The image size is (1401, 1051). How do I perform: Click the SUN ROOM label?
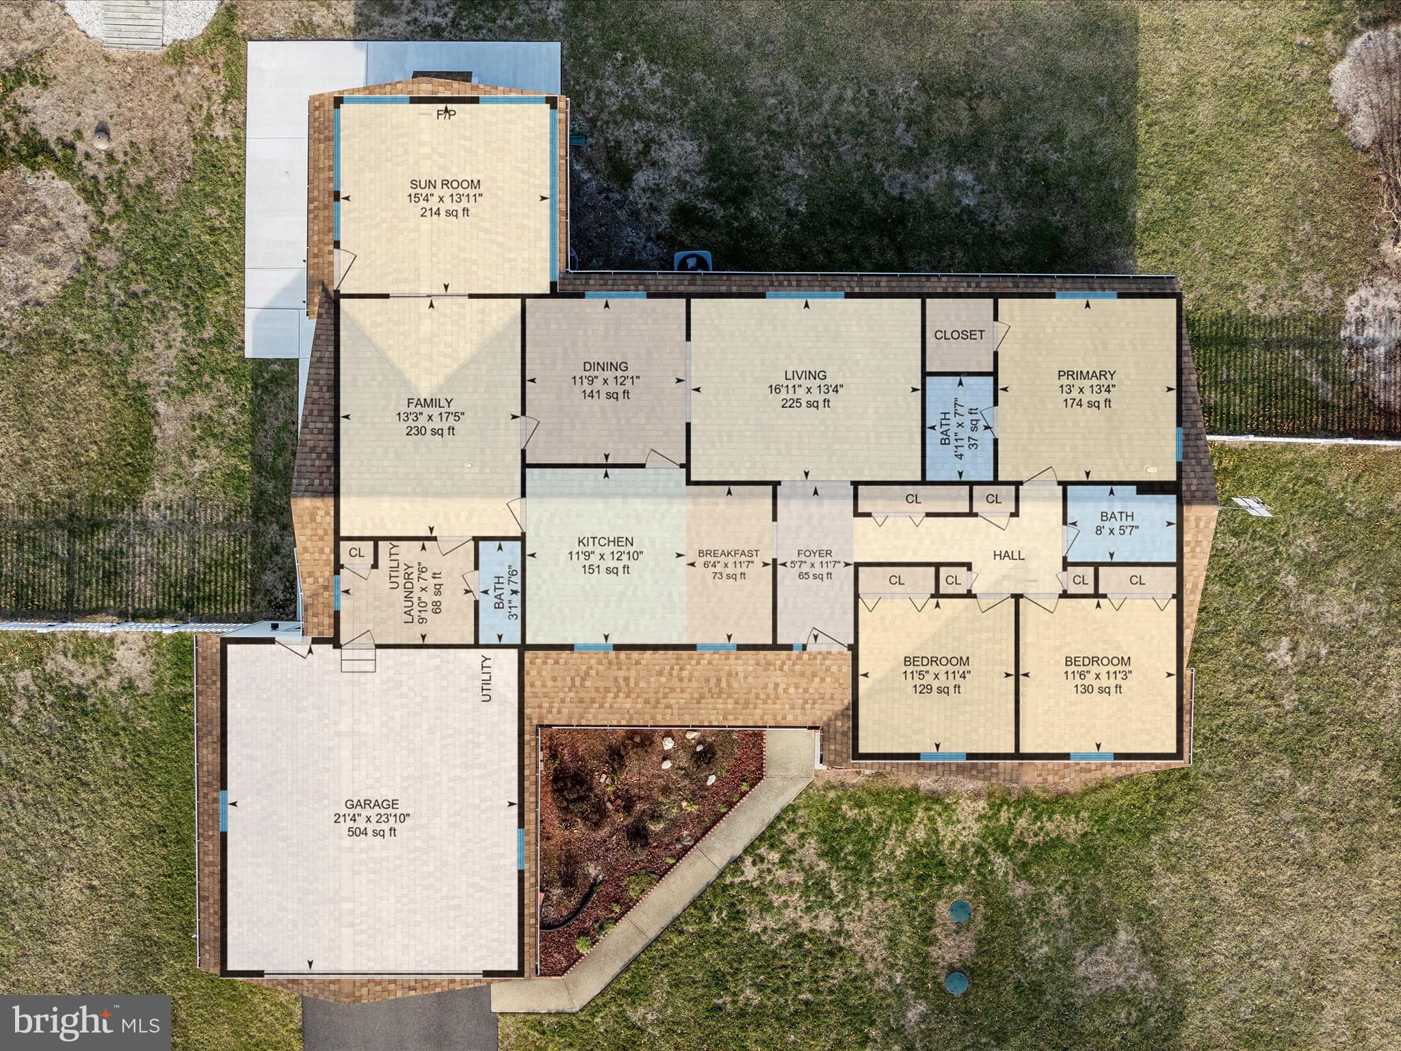[445, 184]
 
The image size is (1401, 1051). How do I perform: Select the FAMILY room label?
[430, 404]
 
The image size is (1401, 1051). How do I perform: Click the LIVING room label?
[805, 375]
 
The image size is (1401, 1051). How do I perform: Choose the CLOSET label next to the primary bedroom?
[959, 335]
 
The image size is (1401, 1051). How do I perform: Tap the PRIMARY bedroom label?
[1086, 375]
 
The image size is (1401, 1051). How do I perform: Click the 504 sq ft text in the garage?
[371, 832]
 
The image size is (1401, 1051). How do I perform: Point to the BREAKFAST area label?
[729, 554]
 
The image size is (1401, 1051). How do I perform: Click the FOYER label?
[815, 554]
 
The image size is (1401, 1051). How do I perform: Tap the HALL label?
[1008, 555]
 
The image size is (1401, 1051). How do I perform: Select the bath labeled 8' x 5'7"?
[1116, 523]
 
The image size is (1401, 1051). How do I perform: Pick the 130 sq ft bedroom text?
[1097, 690]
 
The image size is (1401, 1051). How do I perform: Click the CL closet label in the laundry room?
[356, 552]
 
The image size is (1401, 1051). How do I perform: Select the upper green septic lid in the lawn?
[963, 911]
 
